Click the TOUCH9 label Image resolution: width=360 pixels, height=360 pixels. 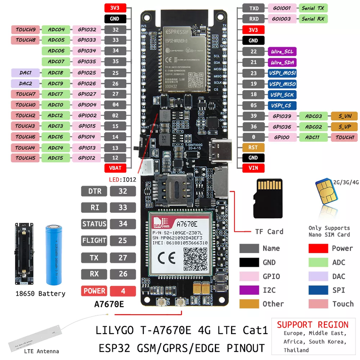pos(25,29)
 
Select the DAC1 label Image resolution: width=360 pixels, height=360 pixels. pos(25,73)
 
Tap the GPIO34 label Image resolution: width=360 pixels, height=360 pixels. pos(87,51)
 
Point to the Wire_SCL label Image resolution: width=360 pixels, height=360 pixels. pos(281,52)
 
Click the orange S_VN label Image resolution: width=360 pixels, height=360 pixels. pos(344,116)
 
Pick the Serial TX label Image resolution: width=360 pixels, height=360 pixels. pos(313,8)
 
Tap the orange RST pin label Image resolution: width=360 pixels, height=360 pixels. pos(253,147)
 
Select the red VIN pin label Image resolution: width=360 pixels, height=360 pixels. pos(253,168)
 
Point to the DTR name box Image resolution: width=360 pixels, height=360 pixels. pos(94,191)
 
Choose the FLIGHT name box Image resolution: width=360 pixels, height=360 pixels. pos(94,240)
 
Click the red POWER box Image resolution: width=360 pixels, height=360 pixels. pos(94,291)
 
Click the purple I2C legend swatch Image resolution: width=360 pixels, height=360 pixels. pos(249,290)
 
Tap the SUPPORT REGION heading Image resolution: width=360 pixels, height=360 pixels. pos(313,325)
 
